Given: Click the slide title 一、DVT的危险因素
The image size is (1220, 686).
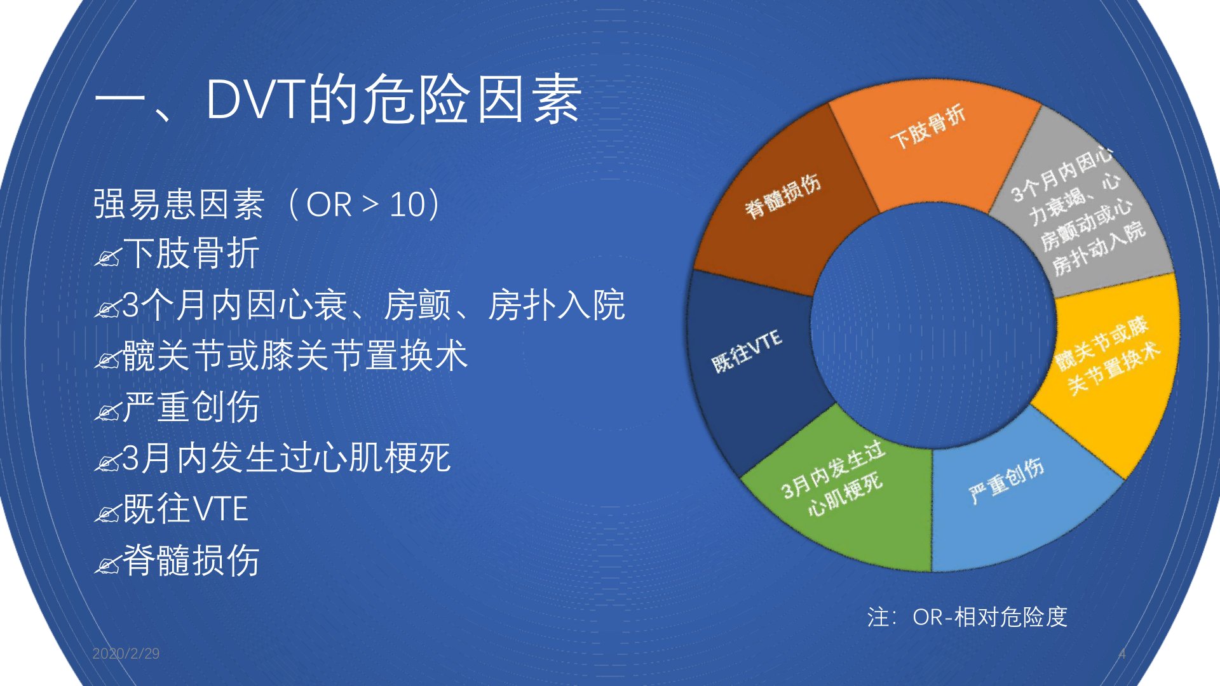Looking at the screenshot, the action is [x=337, y=99].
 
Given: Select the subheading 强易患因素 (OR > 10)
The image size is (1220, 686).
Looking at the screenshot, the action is [x=268, y=205].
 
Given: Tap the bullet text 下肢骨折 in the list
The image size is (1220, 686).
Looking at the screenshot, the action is [x=191, y=253].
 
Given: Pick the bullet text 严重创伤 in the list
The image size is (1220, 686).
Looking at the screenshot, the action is [x=191, y=407].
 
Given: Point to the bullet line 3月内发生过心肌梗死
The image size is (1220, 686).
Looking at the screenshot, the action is [x=286, y=457].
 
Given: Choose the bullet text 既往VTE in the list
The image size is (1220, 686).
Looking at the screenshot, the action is [x=185, y=509].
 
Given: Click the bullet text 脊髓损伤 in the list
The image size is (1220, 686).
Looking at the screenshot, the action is [x=191, y=560].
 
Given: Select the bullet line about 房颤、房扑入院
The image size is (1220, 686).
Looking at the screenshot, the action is [x=373, y=305].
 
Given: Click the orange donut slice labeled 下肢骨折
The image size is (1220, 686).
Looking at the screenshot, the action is [x=931, y=149].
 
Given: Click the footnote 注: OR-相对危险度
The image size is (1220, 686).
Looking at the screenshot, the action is [x=967, y=617].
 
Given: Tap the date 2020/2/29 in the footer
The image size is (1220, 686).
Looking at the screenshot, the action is [x=126, y=654].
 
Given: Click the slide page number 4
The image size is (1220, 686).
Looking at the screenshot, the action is [x=1122, y=654].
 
